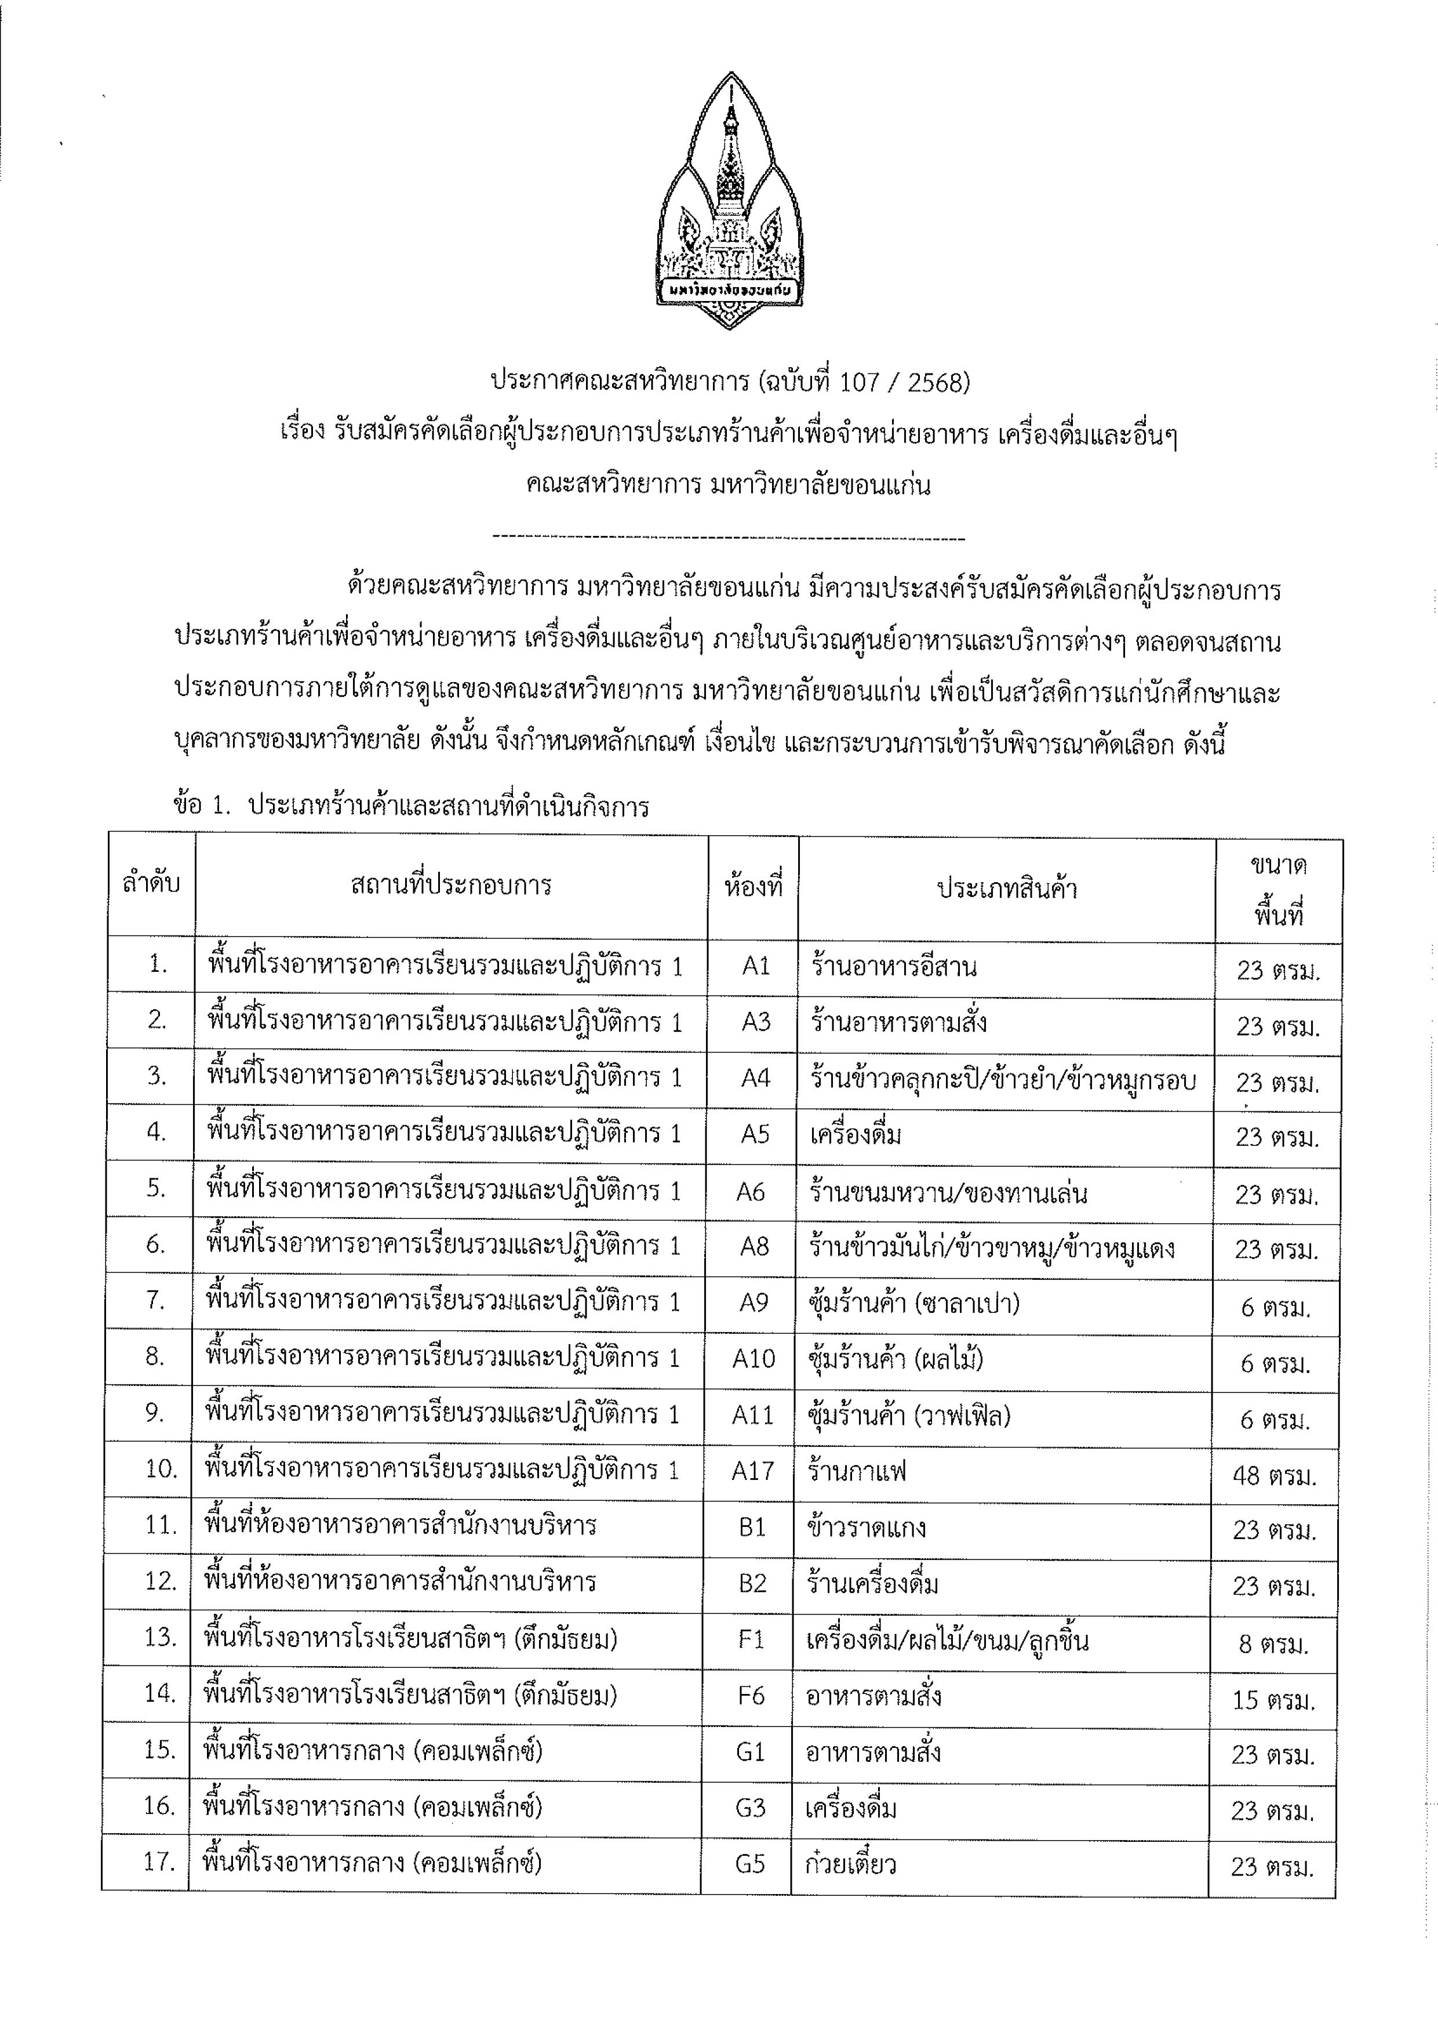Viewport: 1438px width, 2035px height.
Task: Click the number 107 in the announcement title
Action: coord(858,382)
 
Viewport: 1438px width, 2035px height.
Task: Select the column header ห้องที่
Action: coord(753,886)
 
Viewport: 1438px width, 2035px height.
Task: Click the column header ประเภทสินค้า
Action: coord(1007,888)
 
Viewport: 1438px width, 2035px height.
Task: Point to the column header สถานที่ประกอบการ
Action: coord(451,884)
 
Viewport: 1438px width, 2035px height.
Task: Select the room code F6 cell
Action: coord(751,1696)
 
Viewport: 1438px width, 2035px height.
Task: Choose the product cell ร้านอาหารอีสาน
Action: coord(893,966)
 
